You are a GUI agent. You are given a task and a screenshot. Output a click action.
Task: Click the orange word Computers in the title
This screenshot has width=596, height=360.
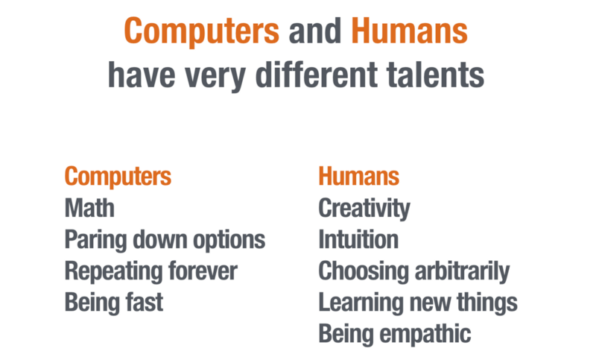pyautogui.click(x=201, y=32)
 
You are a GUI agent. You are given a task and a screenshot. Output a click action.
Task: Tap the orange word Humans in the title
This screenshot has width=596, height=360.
pyautogui.click(x=409, y=31)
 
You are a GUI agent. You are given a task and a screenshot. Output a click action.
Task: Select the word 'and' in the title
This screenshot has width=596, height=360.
pyautogui.click(x=314, y=31)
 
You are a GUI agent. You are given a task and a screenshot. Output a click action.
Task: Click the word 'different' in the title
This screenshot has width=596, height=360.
pyautogui.click(x=317, y=74)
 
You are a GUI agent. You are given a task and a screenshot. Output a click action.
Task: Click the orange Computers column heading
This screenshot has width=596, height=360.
pyautogui.click(x=118, y=177)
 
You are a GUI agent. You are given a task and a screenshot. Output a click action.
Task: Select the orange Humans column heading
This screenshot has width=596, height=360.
pyautogui.click(x=359, y=176)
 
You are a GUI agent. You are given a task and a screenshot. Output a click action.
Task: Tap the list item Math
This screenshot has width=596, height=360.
pyautogui.click(x=89, y=208)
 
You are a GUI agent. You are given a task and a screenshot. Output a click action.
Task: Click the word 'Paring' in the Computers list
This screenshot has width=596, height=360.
pyautogui.click(x=95, y=241)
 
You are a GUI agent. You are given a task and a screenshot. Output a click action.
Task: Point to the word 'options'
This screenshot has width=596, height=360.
pyautogui.click(x=229, y=241)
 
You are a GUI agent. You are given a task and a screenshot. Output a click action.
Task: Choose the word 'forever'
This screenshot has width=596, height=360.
pyautogui.click(x=203, y=271)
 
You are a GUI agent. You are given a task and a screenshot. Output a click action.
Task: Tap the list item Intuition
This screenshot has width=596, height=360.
pyautogui.click(x=358, y=239)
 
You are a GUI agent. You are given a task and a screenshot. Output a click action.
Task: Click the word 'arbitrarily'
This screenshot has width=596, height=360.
pyautogui.click(x=462, y=272)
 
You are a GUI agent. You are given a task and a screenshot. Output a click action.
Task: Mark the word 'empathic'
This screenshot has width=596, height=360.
pyautogui.click(x=425, y=335)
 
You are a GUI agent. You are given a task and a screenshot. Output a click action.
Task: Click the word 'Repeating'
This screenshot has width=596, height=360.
pyautogui.click(x=112, y=272)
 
